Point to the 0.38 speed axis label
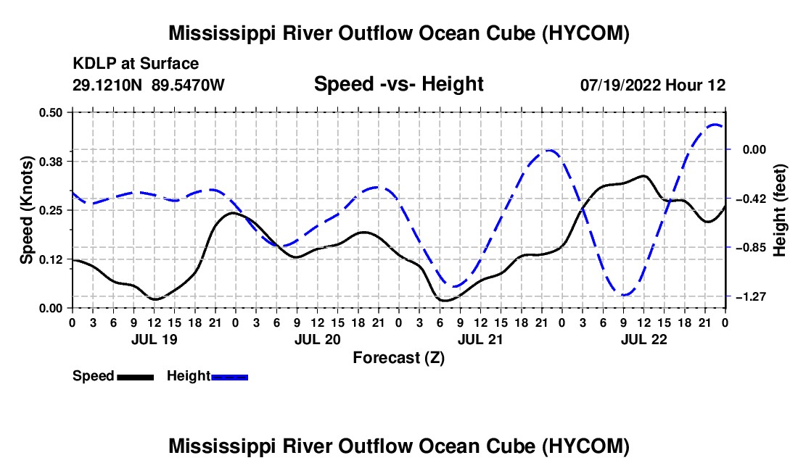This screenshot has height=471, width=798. tap(50, 162)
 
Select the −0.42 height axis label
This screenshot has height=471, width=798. tap(751, 198)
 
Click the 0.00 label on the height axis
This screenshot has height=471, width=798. tap(754, 149)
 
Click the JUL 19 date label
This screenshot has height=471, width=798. tap(155, 339)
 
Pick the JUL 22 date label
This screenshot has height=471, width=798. tap(643, 339)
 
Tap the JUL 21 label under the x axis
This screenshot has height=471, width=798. tap(480, 339)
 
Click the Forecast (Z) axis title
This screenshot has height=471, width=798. tap(399, 358)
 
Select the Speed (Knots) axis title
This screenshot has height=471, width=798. tap(26, 210)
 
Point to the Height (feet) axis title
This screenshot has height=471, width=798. tap(779, 210)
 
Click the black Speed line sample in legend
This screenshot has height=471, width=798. tap(136, 377)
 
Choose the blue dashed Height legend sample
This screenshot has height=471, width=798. tap(229, 377)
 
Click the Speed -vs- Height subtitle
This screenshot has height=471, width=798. tap(398, 84)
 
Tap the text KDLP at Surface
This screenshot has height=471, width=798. tap(136, 64)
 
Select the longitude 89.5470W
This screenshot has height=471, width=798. tap(188, 85)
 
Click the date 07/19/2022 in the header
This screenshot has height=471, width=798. tap(620, 85)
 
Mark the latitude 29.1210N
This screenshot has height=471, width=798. tap(107, 85)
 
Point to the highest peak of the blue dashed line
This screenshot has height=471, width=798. tap(715, 124)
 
